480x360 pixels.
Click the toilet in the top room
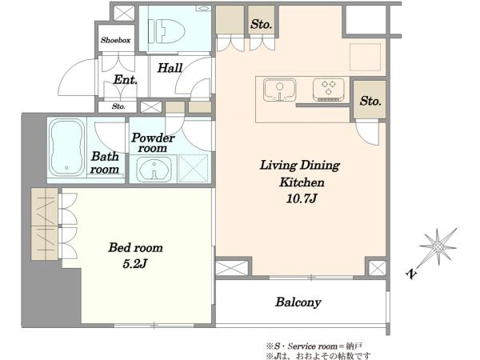coord(167,31)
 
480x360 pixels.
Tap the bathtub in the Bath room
coord(66,147)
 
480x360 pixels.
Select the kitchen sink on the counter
coord(280,90)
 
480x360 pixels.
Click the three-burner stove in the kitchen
coord(329,90)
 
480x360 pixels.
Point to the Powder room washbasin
coord(154,169)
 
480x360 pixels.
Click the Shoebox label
coord(116,40)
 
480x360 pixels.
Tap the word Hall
coord(170,68)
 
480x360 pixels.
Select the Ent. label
coord(126,80)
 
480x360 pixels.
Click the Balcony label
coord(298,302)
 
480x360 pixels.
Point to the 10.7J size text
coord(302,198)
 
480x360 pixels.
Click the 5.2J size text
coord(134,263)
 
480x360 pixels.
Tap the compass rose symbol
coord(438,246)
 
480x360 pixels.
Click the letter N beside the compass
coord(412,274)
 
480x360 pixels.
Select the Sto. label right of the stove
coord(370,101)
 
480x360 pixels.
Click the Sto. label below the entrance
coord(118,106)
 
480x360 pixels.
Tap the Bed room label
coord(136,247)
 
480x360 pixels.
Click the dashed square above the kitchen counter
coord(366,57)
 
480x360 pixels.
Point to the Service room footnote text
coord(314,346)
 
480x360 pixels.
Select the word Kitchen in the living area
coord(302,182)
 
